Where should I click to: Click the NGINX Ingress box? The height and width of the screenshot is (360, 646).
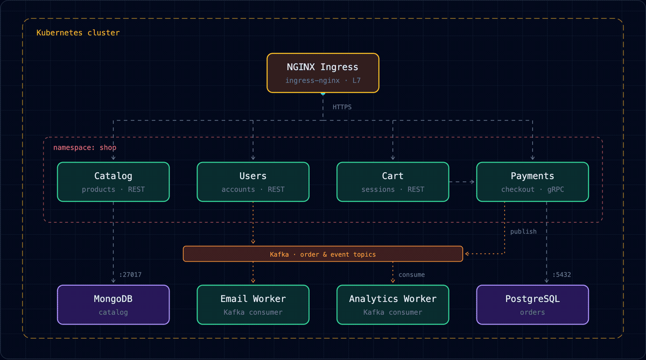click(x=322, y=73)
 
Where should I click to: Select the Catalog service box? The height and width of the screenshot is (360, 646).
click(x=114, y=182)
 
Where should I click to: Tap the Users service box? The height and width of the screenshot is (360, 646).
click(x=253, y=182)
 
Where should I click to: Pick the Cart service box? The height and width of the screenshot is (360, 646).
click(x=393, y=182)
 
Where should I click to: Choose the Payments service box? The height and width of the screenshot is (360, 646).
click(x=532, y=182)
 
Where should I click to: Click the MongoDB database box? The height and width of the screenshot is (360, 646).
click(x=114, y=305)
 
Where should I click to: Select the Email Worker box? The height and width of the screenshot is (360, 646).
click(x=253, y=305)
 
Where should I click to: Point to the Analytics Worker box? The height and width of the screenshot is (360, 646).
click(x=393, y=305)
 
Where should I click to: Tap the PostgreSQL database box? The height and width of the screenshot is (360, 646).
click(x=532, y=305)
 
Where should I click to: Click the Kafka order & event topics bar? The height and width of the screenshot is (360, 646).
click(x=322, y=254)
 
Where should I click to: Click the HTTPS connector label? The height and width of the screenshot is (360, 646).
click(x=342, y=107)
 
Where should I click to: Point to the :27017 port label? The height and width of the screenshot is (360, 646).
click(x=130, y=274)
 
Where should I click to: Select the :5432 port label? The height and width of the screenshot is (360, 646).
click(x=561, y=274)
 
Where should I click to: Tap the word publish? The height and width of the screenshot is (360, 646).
click(x=523, y=232)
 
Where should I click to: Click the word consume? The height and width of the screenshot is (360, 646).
click(x=411, y=274)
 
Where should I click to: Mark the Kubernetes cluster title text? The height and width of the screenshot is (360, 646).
click(x=78, y=33)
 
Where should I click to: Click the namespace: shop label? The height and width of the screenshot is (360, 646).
click(x=85, y=147)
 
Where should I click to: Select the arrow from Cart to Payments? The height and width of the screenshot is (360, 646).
click(x=462, y=182)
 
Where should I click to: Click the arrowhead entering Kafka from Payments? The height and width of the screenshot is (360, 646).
click(x=467, y=253)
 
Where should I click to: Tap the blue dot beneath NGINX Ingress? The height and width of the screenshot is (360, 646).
click(x=323, y=94)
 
